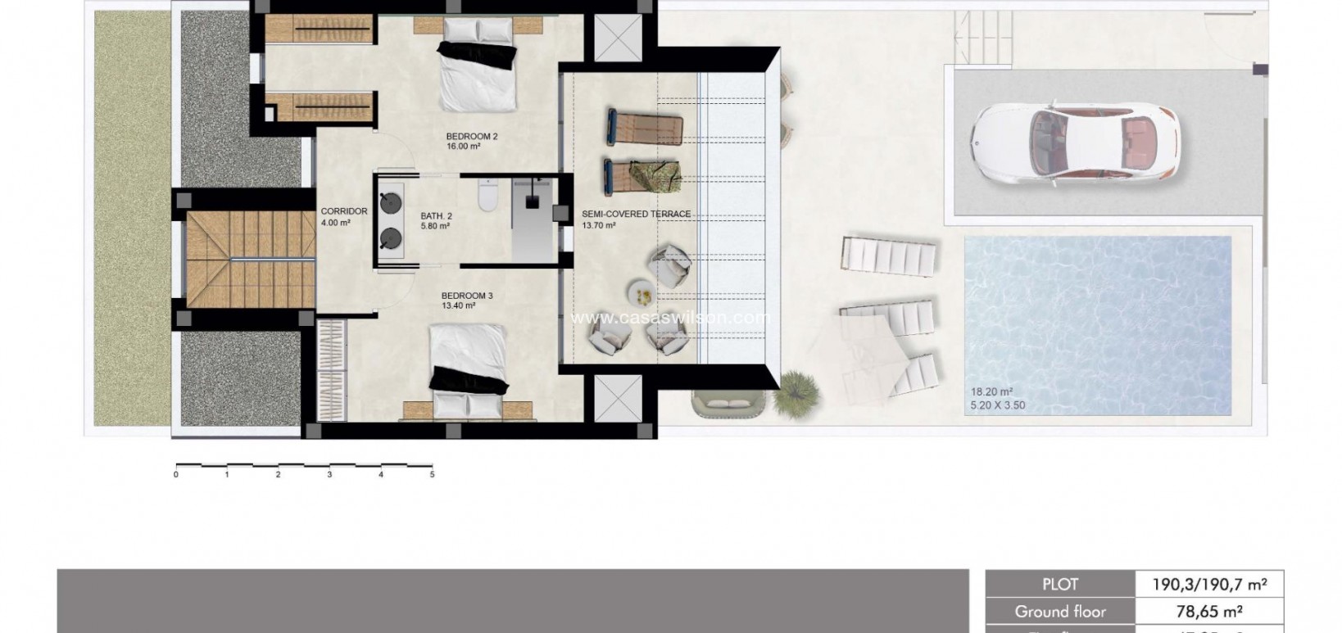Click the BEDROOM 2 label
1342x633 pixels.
click(x=471, y=137)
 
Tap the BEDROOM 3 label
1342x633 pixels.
click(x=466, y=296)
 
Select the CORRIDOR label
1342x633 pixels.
click(x=344, y=211)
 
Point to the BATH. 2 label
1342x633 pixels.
click(x=436, y=216)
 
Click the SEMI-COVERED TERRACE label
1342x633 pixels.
click(x=636, y=215)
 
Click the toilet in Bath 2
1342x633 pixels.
click(x=487, y=196)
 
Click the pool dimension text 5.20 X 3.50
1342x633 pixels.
click(x=997, y=405)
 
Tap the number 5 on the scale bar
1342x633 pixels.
click(x=432, y=474)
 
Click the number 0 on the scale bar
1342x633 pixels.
click(x=176, y=474)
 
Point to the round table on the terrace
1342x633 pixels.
click(x=640, y=291)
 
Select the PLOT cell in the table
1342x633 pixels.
click(x=1059, y=585)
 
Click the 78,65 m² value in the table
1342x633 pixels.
click(x=1208, y=611)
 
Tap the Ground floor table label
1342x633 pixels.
click(x=1059, y=611)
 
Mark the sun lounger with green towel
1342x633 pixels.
click(x=645, y=174)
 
